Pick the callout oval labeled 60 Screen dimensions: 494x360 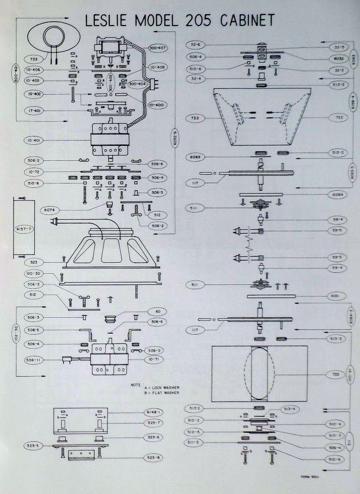point(157,311)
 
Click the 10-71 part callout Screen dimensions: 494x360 point(157,360)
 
